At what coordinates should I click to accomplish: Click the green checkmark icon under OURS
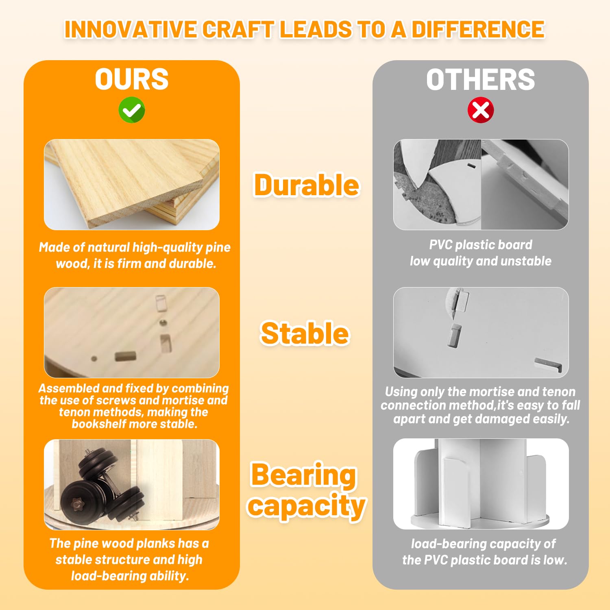132,110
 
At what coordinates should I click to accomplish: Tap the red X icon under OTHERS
481,110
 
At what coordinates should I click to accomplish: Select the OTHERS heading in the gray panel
481,79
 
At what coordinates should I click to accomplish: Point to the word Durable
307,185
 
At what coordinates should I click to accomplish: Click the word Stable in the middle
305,333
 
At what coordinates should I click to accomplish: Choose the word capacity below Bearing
307,506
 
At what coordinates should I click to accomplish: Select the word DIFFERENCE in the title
478,29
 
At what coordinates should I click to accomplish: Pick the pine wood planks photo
132,185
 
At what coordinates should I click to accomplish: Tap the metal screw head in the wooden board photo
163,323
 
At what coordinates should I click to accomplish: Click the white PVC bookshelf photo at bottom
481,484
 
